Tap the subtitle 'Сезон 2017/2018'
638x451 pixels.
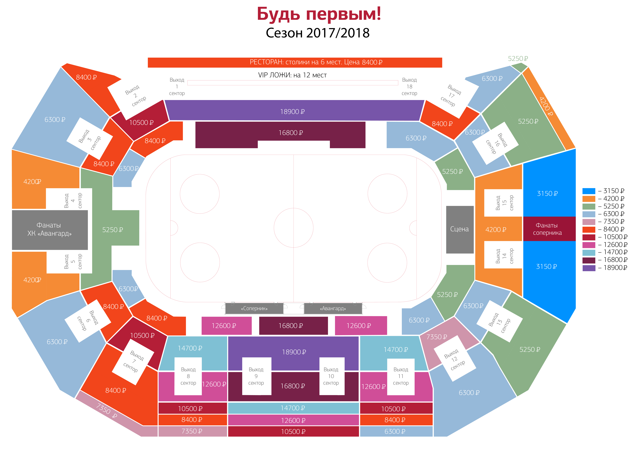click(x=318, y=33)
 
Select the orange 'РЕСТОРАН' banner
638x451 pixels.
click(x=295, y=62)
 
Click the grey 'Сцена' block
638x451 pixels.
click(x=460, y=229)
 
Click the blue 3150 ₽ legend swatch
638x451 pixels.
click(x=589, y=191)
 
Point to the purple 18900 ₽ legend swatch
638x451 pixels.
click(x=589, y=268)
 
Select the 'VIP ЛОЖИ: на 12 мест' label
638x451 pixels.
click(x=292, y=75)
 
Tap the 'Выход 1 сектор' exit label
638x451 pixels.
click(x=177, y=87)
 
